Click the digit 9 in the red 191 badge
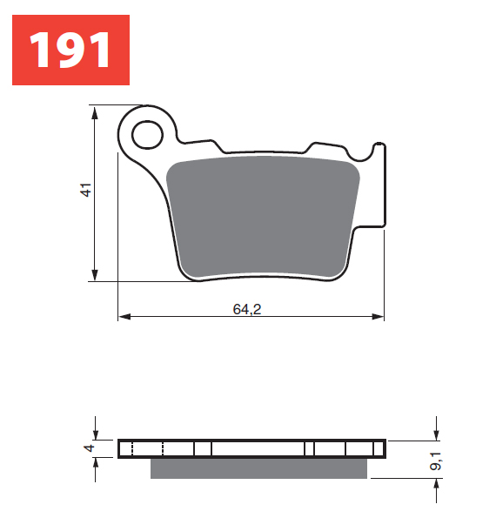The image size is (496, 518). pos(70,50)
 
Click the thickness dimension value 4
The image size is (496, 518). pos(87,448)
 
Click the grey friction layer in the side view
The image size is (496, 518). pos(258,468)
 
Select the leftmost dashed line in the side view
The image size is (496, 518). pos(131,449)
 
